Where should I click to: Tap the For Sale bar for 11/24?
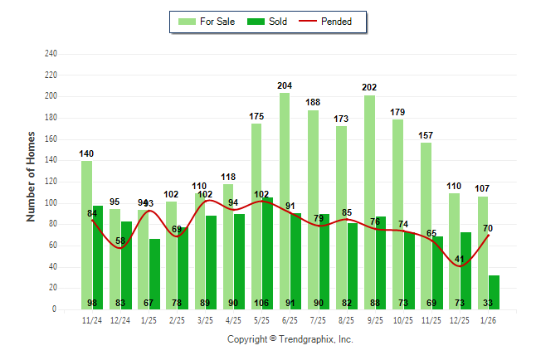click(86, 232)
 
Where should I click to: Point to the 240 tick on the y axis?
click(51, 54)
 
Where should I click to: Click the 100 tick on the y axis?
click(51, 203)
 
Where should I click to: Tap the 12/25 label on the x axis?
click(460, 320)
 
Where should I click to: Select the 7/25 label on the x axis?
click(319, 320)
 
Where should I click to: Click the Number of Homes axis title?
click(31, 176)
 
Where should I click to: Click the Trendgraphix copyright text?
click(290, 339)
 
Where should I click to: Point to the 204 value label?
click(285, 85)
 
